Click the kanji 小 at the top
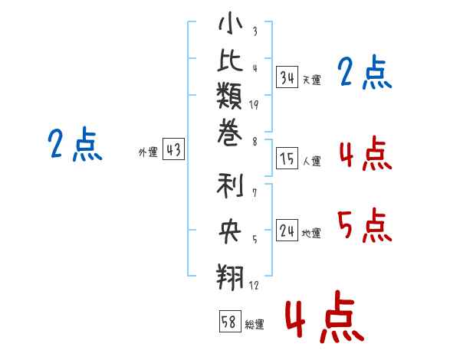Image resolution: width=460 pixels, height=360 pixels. [x=230, y=23]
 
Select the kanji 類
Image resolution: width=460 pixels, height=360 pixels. [x=229, y=96]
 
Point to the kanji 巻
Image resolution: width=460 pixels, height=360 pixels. [x=230, y=133]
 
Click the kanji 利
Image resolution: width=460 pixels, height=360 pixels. [x=230, y=185]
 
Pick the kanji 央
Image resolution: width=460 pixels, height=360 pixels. [x=230, y=231]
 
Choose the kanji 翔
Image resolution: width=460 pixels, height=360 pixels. [x=230, y=277]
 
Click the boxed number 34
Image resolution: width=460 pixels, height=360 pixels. [x=287, y=77]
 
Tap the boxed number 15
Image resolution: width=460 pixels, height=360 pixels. [x=287, y=159]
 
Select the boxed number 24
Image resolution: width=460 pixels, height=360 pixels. [x=287, y=231]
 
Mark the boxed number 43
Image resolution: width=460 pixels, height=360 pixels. [x=174, y=149]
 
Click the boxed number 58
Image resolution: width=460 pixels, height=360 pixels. [x=231, y=322]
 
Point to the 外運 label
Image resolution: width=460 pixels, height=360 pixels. [x=148, y=152]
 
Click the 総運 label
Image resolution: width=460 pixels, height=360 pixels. [x=255, y=325]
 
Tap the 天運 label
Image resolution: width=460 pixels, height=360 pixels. [x=312, y=80]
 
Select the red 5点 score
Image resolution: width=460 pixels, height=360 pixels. [x=365, y=225]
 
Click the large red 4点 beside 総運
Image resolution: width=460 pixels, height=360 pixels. [x=325, y=316]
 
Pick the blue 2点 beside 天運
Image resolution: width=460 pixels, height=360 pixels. [x=365, y=72]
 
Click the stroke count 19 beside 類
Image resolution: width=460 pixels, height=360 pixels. [x=254, y=105]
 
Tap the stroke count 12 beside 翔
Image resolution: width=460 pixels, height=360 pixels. [x=254, y=285]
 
